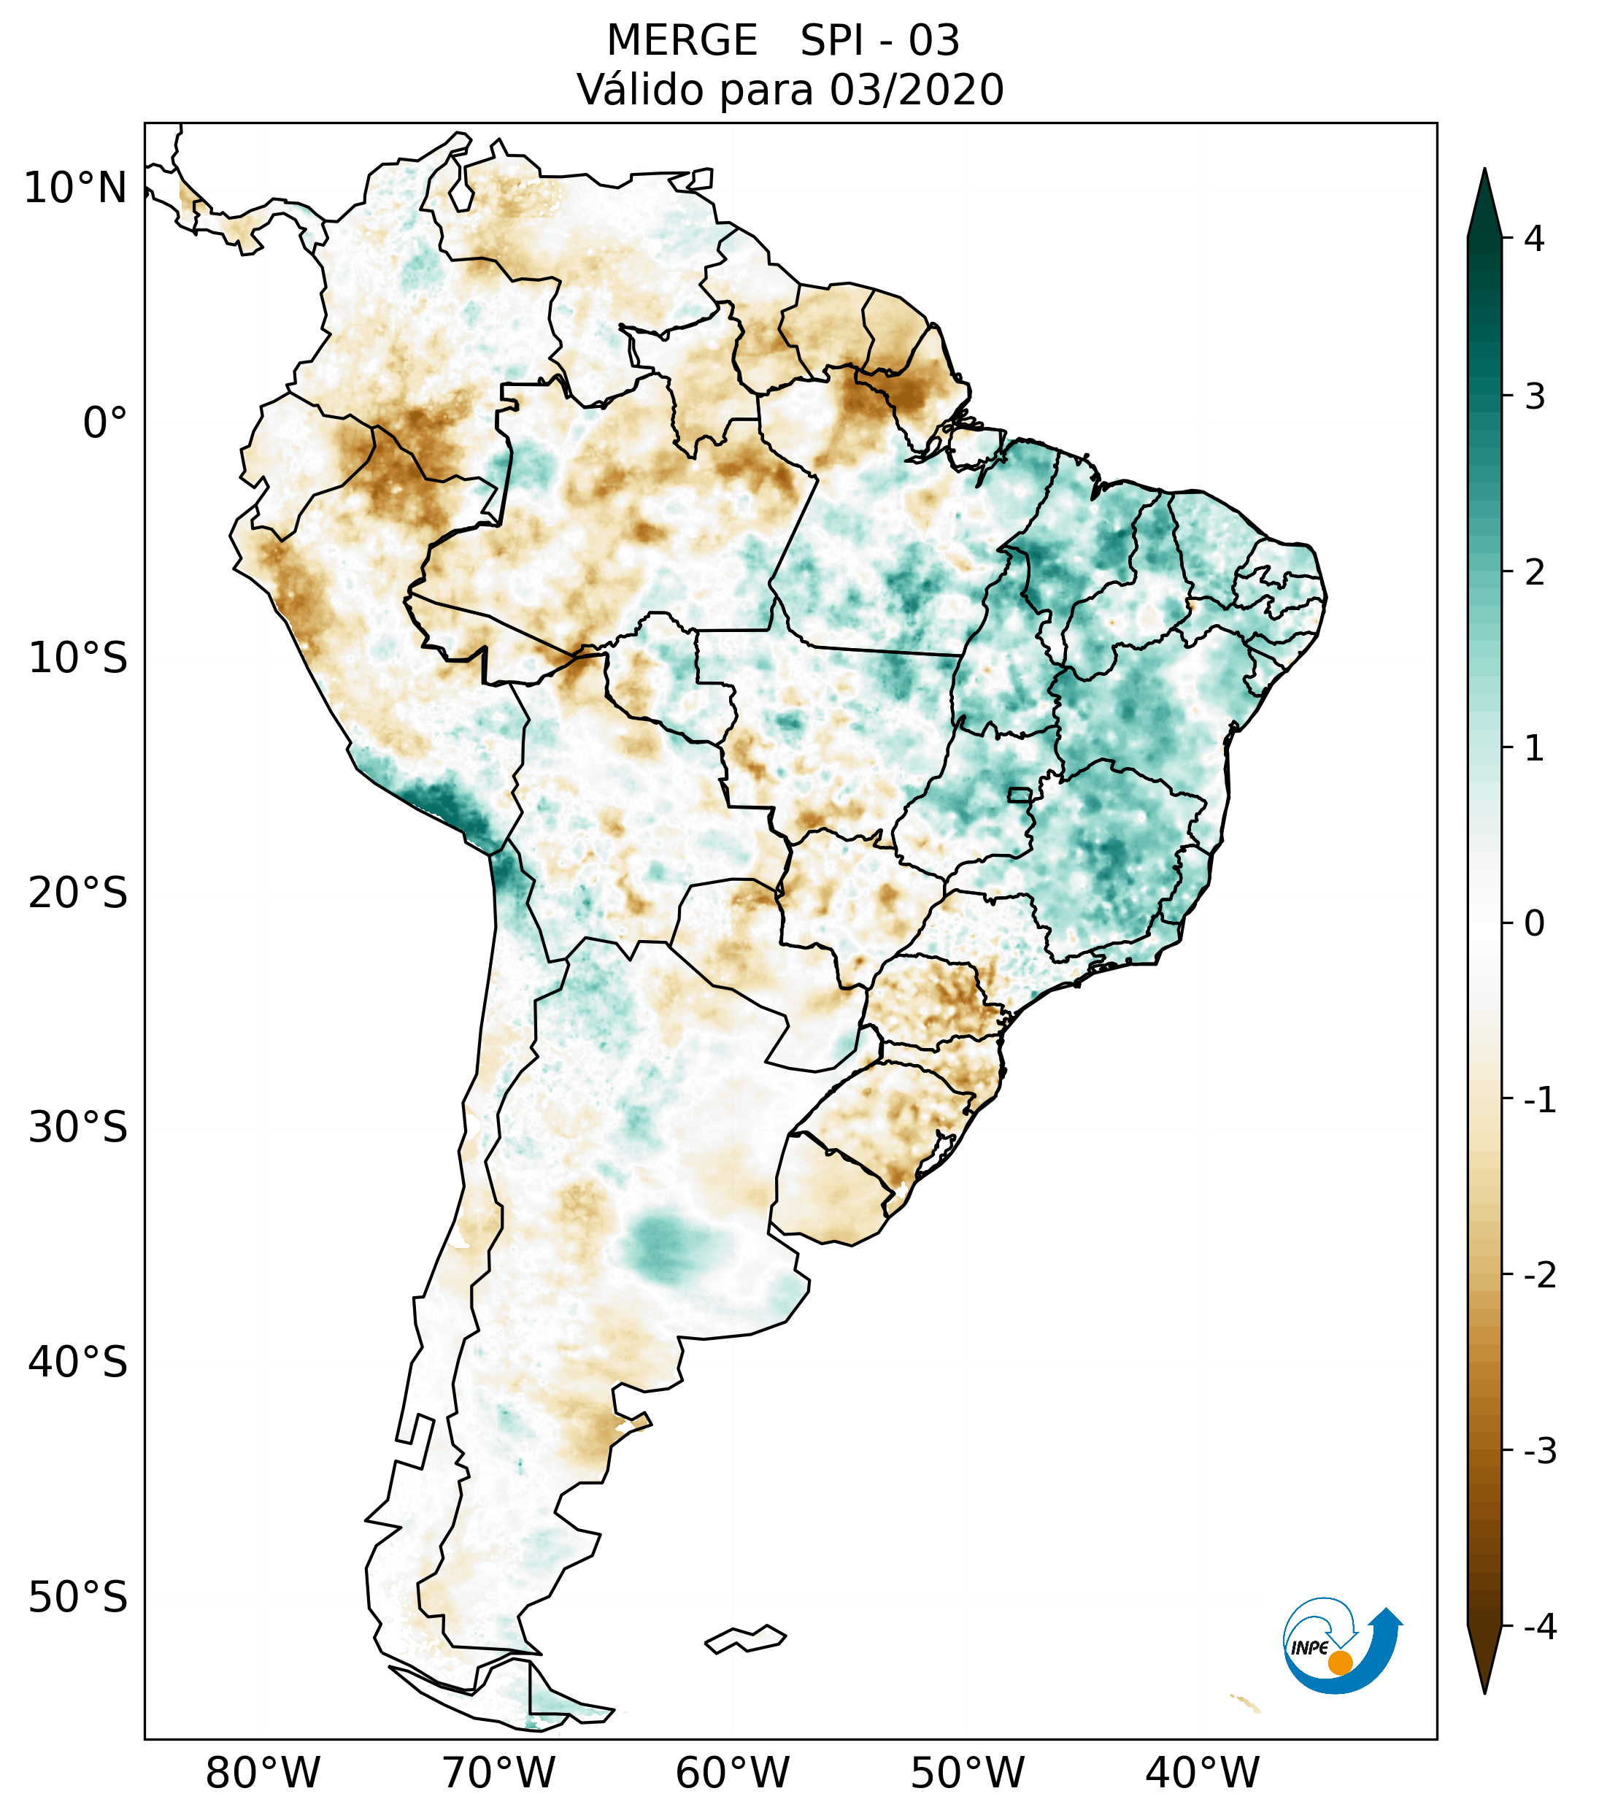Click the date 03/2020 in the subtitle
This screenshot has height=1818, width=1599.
click(x=916, y=90)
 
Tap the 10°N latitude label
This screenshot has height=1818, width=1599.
click(x=76, y=188)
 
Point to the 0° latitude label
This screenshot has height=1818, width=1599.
click(x=105, y=423)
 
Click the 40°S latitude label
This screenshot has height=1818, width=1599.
click(x=78, y=1362)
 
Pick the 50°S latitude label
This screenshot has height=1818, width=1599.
click(x=78, y=1598)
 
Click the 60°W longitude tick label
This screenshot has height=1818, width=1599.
click(x=732, y=1773)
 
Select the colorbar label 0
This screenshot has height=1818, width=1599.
click(x=1535, y=924)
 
